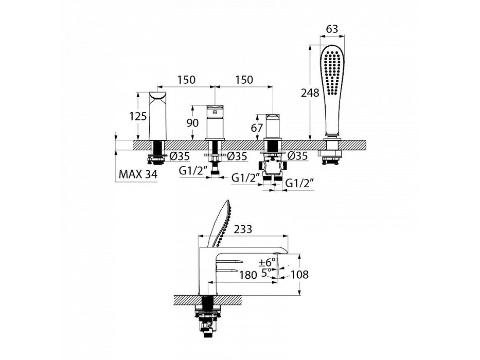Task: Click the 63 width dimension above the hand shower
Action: pyautogui.click(x=332, y=29)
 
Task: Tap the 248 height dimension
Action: pyautogui.click(x=310, y=93)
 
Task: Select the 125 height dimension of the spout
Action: pyautogui.click(x=138, y=116)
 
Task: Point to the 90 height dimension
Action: pyautogui.click(x=192, y=123)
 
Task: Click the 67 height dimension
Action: pyautogui.click(x=257, y=128)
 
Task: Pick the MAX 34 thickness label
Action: pyautogui.click(x=138, y=174)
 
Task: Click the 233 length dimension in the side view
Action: pyautogui.click(x=243, y=229)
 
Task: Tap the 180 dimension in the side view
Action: pyautogui.click(x=248, y=275)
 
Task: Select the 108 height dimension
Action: pyautogui.click(x=299, y=275)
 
